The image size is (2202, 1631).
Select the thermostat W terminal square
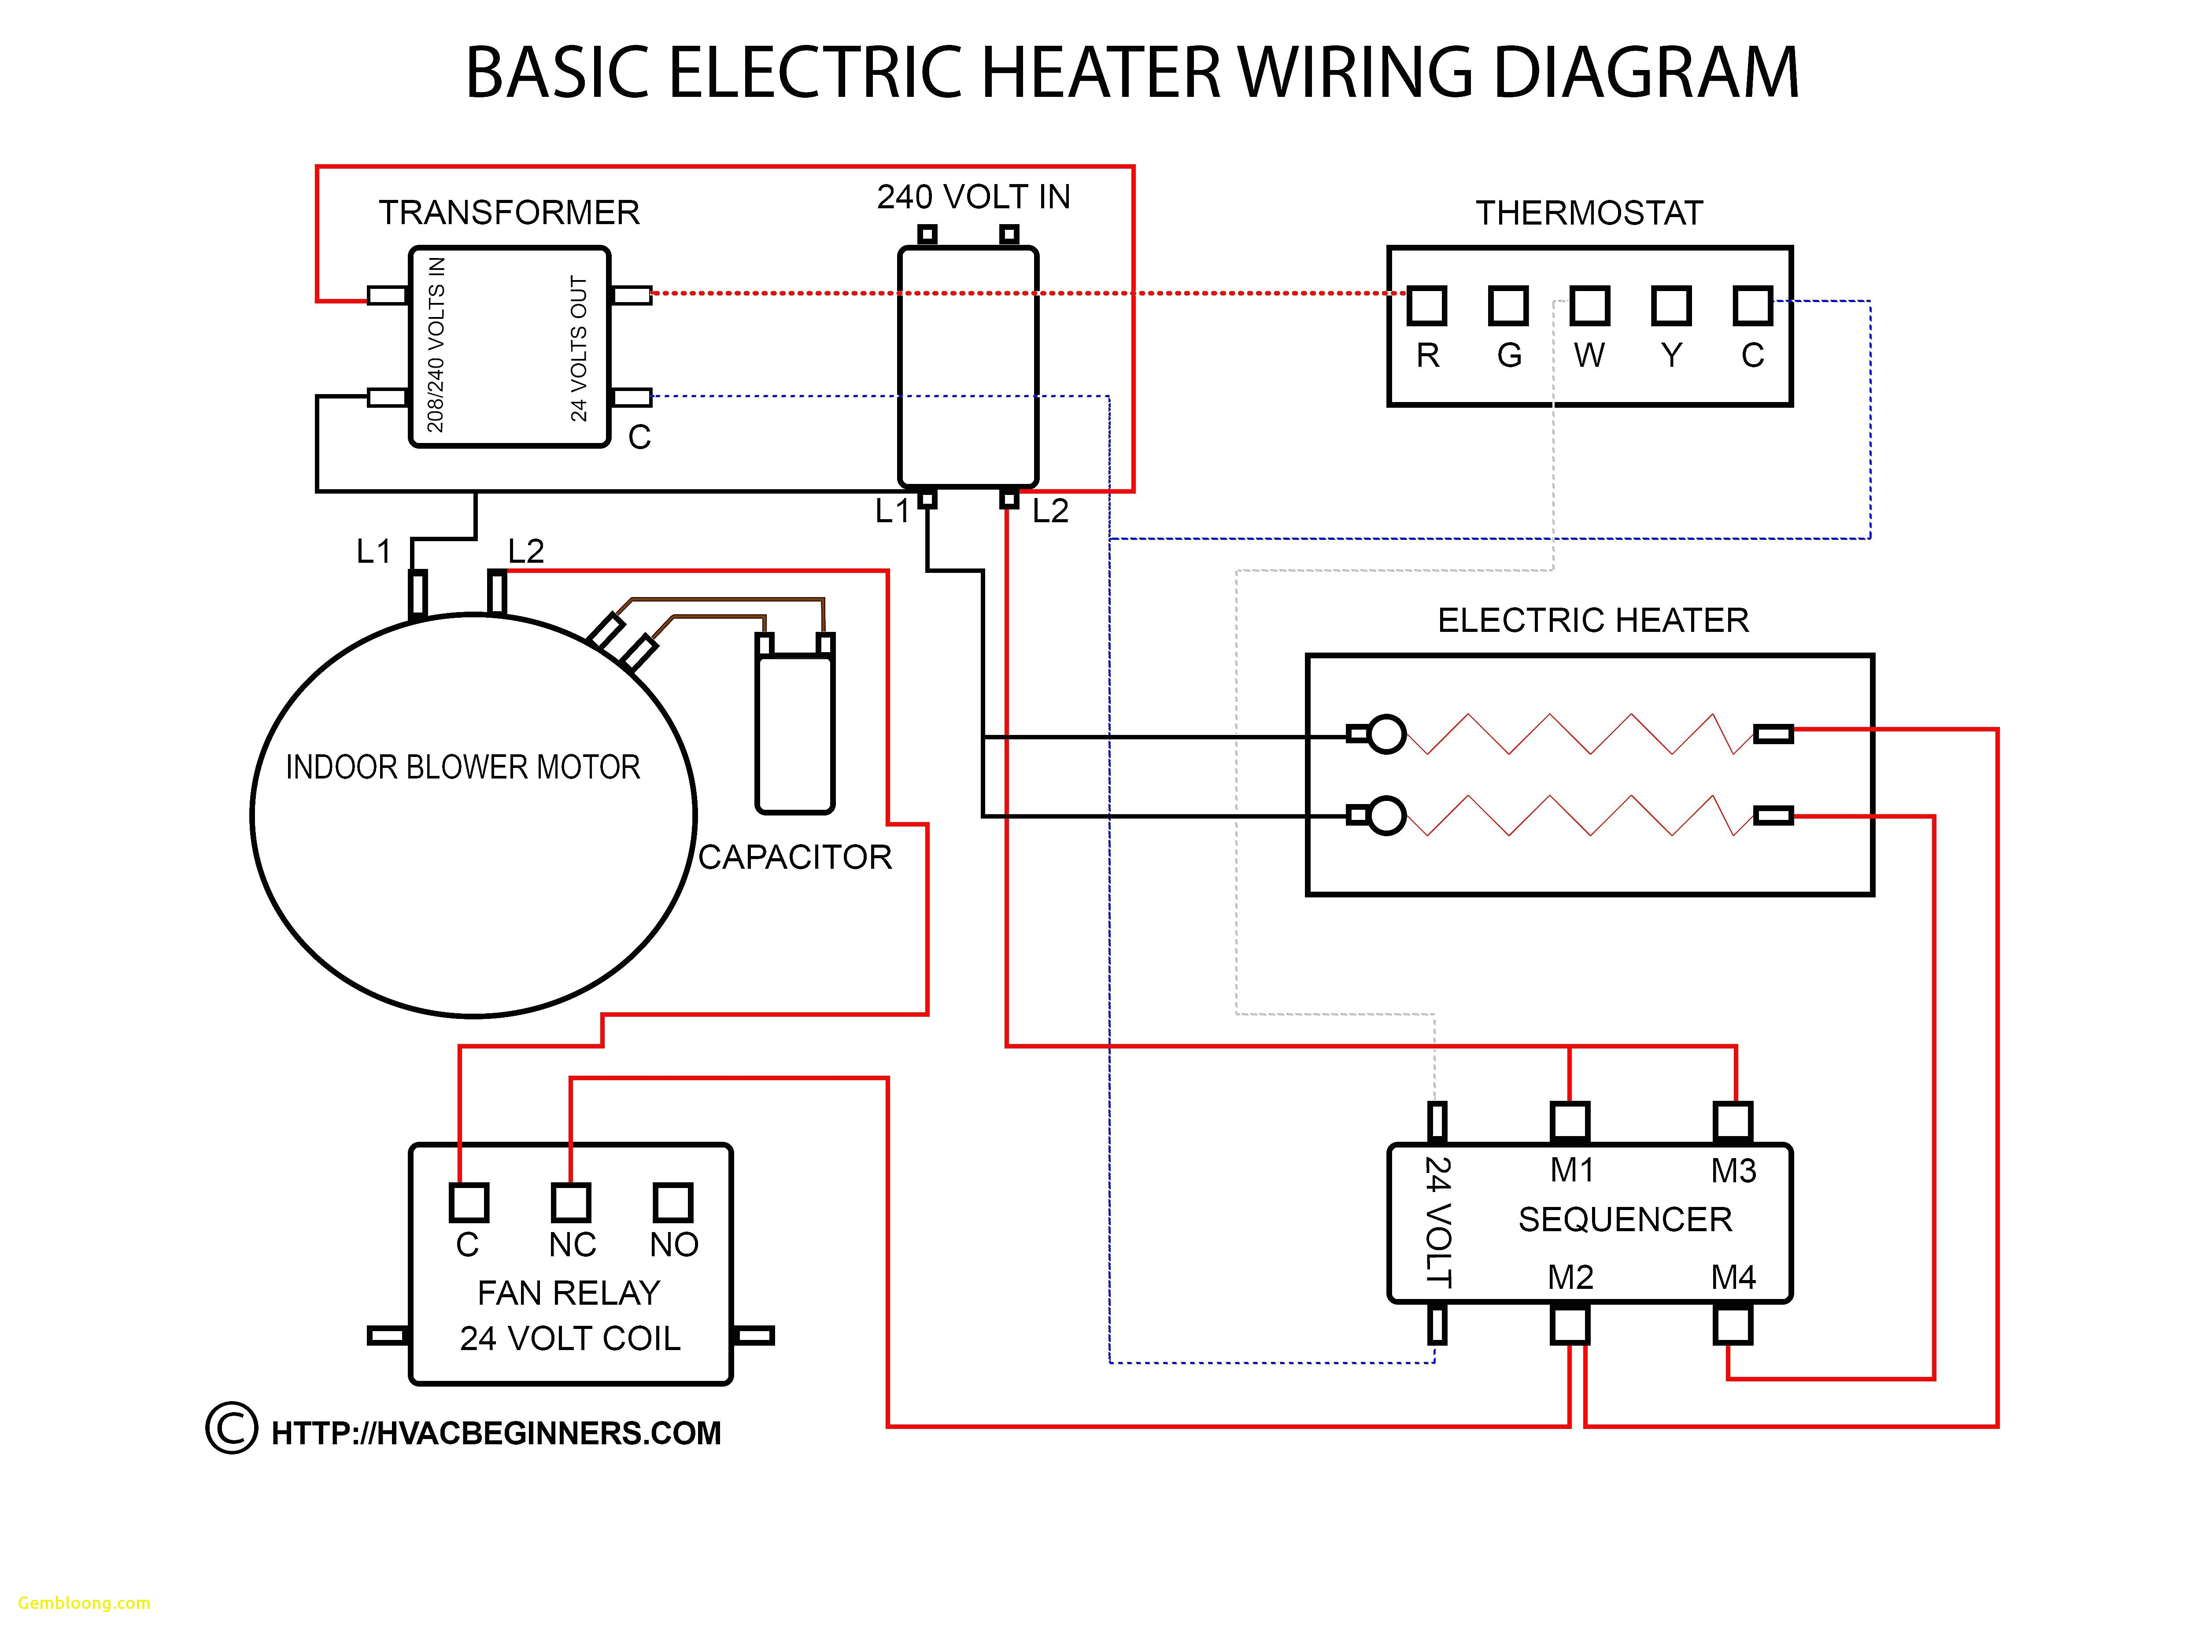(x=1589, y=306)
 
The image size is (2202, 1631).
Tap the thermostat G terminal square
(x=1508, y=306)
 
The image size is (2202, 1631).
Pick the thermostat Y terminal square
(x=1671, y=306)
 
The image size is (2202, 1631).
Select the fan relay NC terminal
(x=571, y=1203)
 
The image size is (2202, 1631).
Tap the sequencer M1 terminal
(x=1569, y=1122)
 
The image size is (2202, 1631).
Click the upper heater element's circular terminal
(x=1386, y=734)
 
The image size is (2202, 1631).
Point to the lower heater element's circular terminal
(x=1386, y=815)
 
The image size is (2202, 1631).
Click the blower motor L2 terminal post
(x=497, y=592)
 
